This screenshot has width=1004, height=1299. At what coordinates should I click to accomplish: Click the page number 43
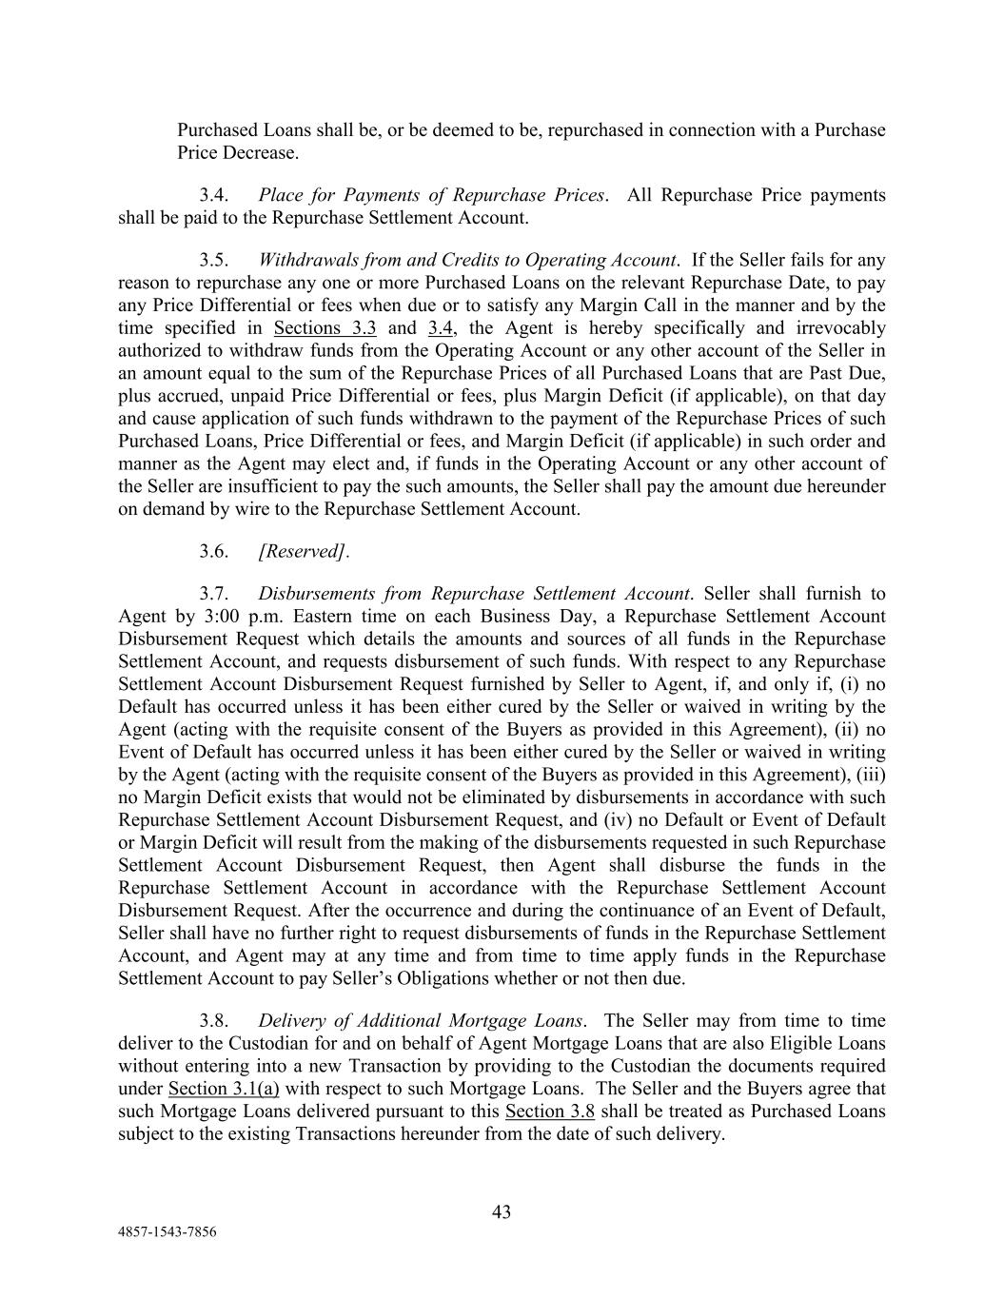(x=502, y=1211)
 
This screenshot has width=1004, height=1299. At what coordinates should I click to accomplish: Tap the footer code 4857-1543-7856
(x=167, y=1231)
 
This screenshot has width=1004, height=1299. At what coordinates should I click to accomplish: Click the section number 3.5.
(x=213, y=260)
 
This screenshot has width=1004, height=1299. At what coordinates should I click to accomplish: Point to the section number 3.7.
(x=213, y=594)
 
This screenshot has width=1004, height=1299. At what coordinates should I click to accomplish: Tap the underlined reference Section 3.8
(x=550, y=1112)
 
